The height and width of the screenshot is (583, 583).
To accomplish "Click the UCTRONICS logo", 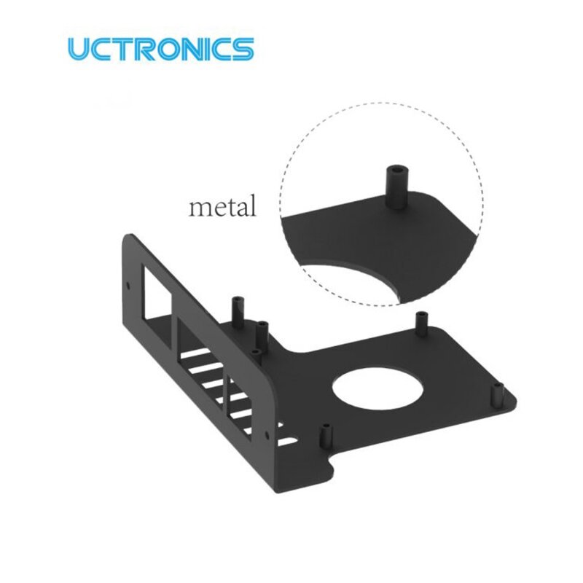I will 160,50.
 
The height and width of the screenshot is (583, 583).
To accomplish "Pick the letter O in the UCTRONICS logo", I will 172,50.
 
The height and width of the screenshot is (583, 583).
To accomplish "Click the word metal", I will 222,207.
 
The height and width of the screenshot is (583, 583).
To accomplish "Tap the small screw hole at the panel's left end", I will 130,286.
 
